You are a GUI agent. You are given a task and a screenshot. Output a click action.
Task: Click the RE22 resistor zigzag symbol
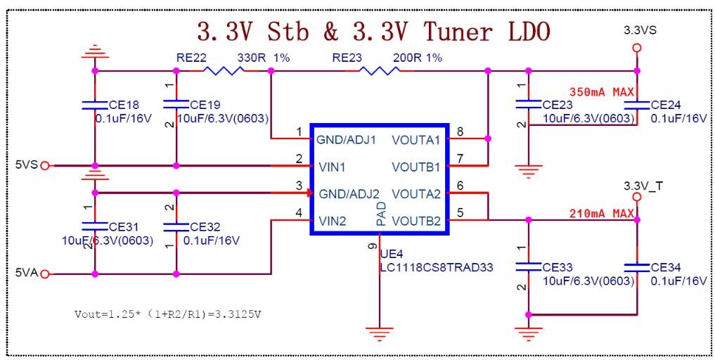[223, 71]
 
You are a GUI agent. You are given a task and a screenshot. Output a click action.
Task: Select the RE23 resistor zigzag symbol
[380, 71]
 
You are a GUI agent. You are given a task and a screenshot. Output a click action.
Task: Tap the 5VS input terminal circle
[45, 165]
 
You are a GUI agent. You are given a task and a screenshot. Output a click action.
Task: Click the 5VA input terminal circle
[45, 274]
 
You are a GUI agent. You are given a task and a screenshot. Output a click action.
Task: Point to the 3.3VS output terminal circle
[637, 48]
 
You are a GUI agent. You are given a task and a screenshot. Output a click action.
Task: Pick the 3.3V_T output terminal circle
[637, 197]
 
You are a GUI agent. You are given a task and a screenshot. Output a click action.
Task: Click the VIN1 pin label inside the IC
[332, 167]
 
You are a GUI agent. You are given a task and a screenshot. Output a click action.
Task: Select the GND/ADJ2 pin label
[349, 194]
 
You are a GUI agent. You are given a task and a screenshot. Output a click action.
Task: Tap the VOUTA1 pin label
[416, 140]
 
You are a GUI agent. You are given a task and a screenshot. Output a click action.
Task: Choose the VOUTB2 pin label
[416, 221]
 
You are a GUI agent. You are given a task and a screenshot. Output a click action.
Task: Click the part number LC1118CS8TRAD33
[437, 267]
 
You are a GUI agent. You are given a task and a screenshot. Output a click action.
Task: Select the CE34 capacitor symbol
[637, 266]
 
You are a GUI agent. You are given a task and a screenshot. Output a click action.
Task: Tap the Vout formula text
[168, 314]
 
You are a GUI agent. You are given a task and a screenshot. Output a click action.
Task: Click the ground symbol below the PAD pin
[380, 333]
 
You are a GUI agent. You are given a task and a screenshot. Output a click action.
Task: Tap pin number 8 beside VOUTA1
[460, 132]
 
